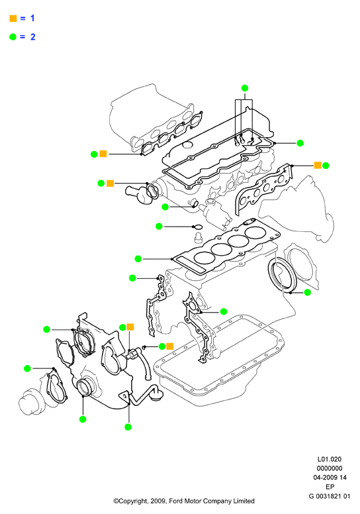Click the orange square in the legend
click(x=13, y=19)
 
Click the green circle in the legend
click(x=13, y=36)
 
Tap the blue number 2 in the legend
click(x=32, y=36)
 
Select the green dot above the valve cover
click(x=245, y=88)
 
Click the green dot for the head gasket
click(x=138, y=258)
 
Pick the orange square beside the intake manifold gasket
click(x=103, y=154)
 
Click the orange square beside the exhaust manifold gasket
click(x=318, y=165)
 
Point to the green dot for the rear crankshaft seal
click(x=307, y=292)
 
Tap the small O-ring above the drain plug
click(x=198, y=227)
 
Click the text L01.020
click(x=329, y=459)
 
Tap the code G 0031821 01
click(x=329, y=496)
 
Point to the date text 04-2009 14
click(x=330, y=478)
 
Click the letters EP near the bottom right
click(x=330, y=487)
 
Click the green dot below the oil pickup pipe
click(x=128, y=427)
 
